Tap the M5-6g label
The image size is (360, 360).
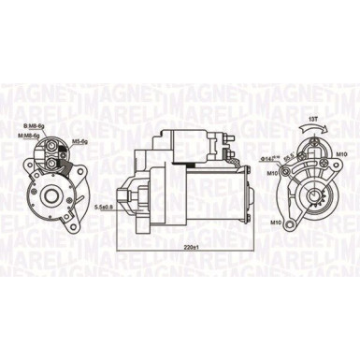point(79,142)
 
